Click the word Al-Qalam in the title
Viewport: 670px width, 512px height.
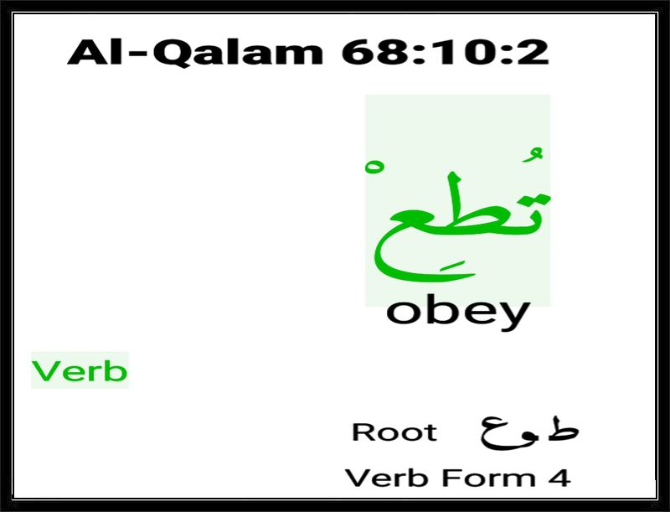point(195,52)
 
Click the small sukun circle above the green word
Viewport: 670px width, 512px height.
point(374,167)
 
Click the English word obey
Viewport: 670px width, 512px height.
point(458,312)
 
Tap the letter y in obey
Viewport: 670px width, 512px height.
point(514,316)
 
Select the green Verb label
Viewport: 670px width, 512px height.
point(80,370)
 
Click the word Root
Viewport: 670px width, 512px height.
point(394,432)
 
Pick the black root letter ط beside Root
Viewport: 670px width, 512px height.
point(561,428)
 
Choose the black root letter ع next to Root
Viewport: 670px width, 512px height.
point(497,432)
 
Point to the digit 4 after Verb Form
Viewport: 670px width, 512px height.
point(559,478)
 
